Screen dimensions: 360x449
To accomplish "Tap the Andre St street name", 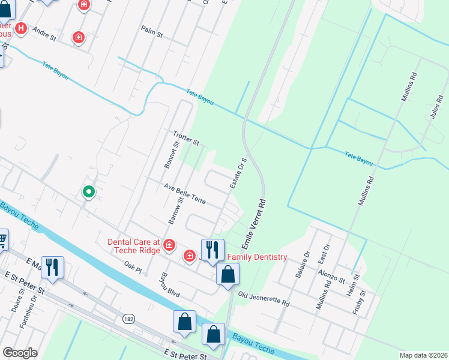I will pos(44,32).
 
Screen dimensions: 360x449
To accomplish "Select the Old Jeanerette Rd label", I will pos(264,299).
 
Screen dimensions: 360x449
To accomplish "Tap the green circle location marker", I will pos(89,192).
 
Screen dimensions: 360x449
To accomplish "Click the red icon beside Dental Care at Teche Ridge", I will pos(169,244).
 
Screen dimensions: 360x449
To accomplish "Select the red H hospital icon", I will pos(22,28).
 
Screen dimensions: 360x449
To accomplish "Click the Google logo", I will pos(20,353).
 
